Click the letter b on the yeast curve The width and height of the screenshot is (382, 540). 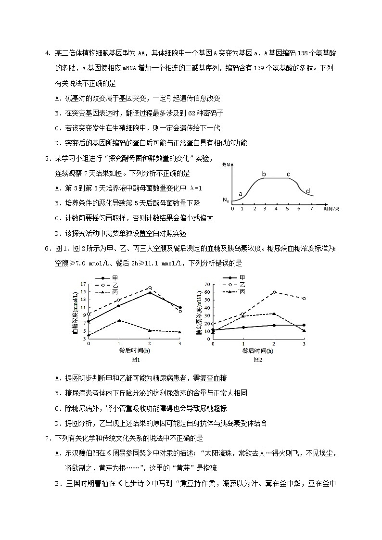264,174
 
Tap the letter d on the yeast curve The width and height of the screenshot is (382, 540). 308,191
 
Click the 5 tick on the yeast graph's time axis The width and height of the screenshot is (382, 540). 288,208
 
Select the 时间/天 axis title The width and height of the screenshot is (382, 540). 331,209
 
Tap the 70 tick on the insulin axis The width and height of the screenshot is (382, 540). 207,284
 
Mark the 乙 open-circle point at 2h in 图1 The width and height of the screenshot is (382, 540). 150,288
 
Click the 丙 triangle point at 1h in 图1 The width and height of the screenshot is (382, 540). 118,320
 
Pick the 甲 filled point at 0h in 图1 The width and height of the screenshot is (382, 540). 89,321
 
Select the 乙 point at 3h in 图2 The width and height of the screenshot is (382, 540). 304,299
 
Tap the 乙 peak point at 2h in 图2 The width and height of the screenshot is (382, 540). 274,292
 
